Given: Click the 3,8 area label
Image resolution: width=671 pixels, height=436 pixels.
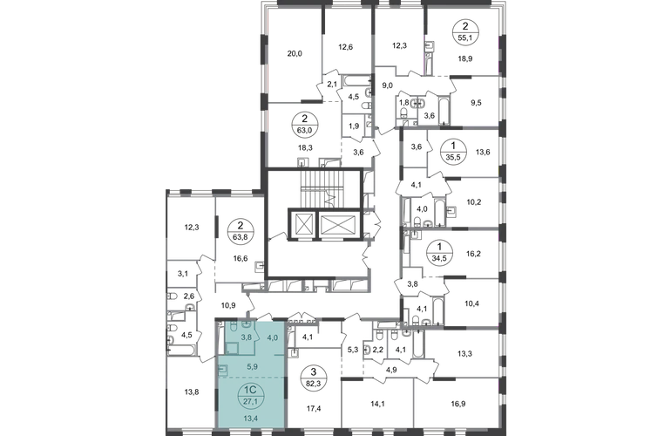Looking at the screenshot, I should pyautogui.click(x=247, y=337).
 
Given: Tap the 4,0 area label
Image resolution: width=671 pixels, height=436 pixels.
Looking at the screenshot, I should pyautogui.click(x=272, y=337).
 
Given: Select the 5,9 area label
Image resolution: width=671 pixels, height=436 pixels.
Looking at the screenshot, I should pyautogui.click(x=254, y=367).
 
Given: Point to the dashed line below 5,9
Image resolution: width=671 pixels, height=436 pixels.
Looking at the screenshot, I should pyautogui.click(x=261, y=378).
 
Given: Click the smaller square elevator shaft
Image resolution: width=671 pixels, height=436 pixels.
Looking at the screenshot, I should pyautogui.click(x=302, y=224).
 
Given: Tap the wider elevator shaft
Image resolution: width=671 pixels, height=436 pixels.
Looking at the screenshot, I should pyautogui.click(x=335, y=224).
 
